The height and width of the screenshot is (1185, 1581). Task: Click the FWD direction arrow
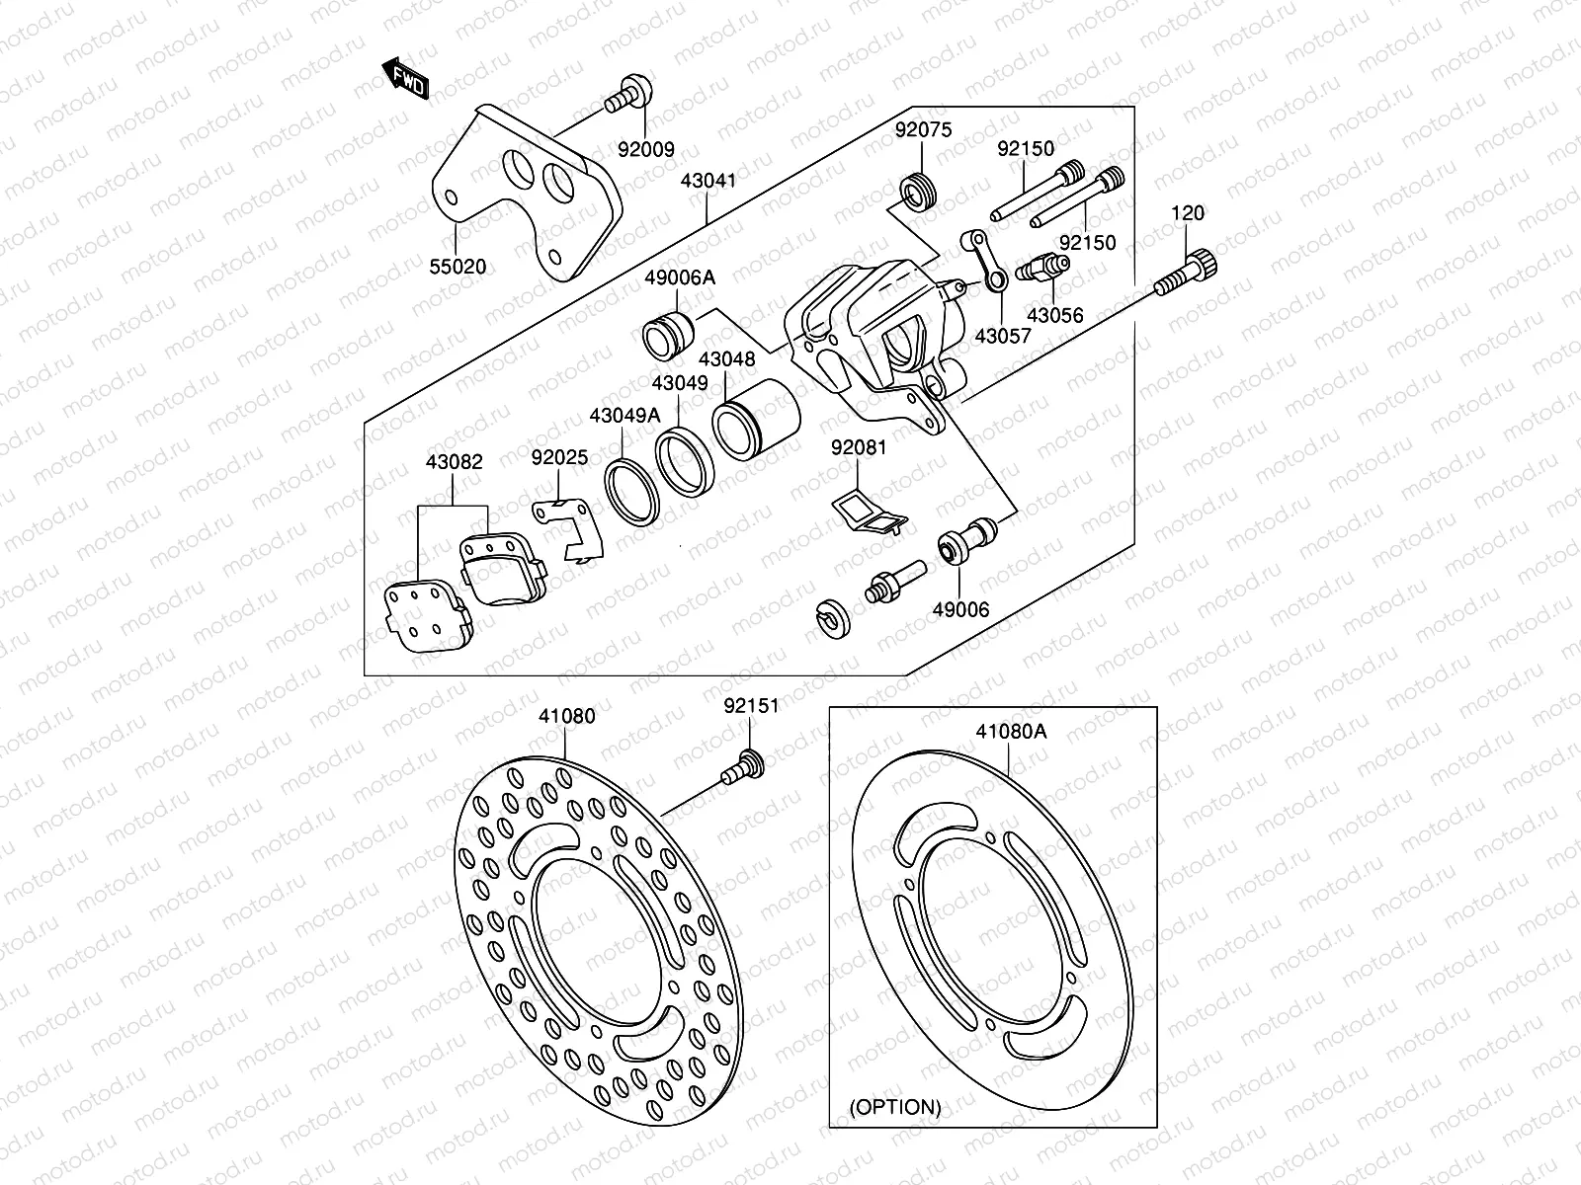click(404, 79)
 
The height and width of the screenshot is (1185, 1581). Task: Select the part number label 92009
click(645, 150)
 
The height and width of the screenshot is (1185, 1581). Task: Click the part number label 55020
click(458, 266)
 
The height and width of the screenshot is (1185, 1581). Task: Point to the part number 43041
click(707, 181)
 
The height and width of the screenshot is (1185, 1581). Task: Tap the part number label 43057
click(1002, 336)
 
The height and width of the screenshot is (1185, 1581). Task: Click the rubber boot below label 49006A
click(669, 333)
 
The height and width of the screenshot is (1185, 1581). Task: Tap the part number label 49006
click(960, 610)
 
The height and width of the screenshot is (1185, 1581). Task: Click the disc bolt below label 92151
click(741, 769)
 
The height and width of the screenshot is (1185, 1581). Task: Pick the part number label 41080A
click(1010, 732)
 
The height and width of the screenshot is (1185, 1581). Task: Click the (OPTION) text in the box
click(896, 1107)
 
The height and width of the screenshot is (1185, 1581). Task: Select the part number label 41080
click(567, 716)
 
